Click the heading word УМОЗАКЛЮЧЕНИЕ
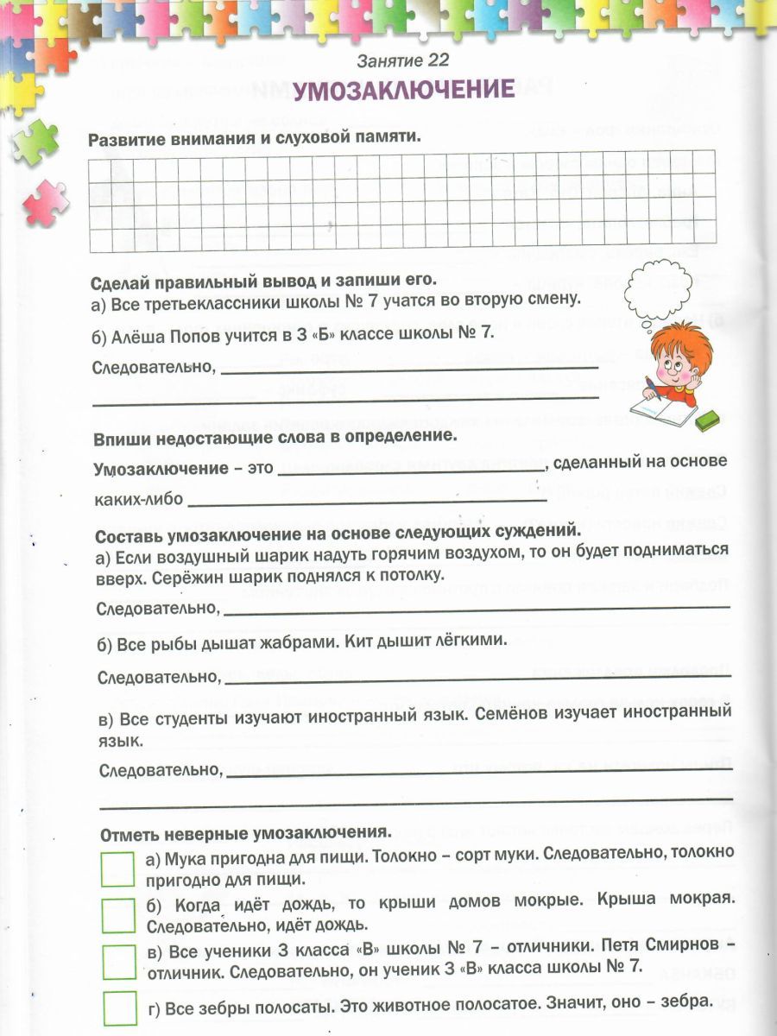tap(403, 91)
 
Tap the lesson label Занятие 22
tap(403, 60)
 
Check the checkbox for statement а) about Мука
tap(118, 869)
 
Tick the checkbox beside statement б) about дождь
tap(118, 915)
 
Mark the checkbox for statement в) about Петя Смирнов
tap(118, 961)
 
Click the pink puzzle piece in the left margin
tap(45, 200)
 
